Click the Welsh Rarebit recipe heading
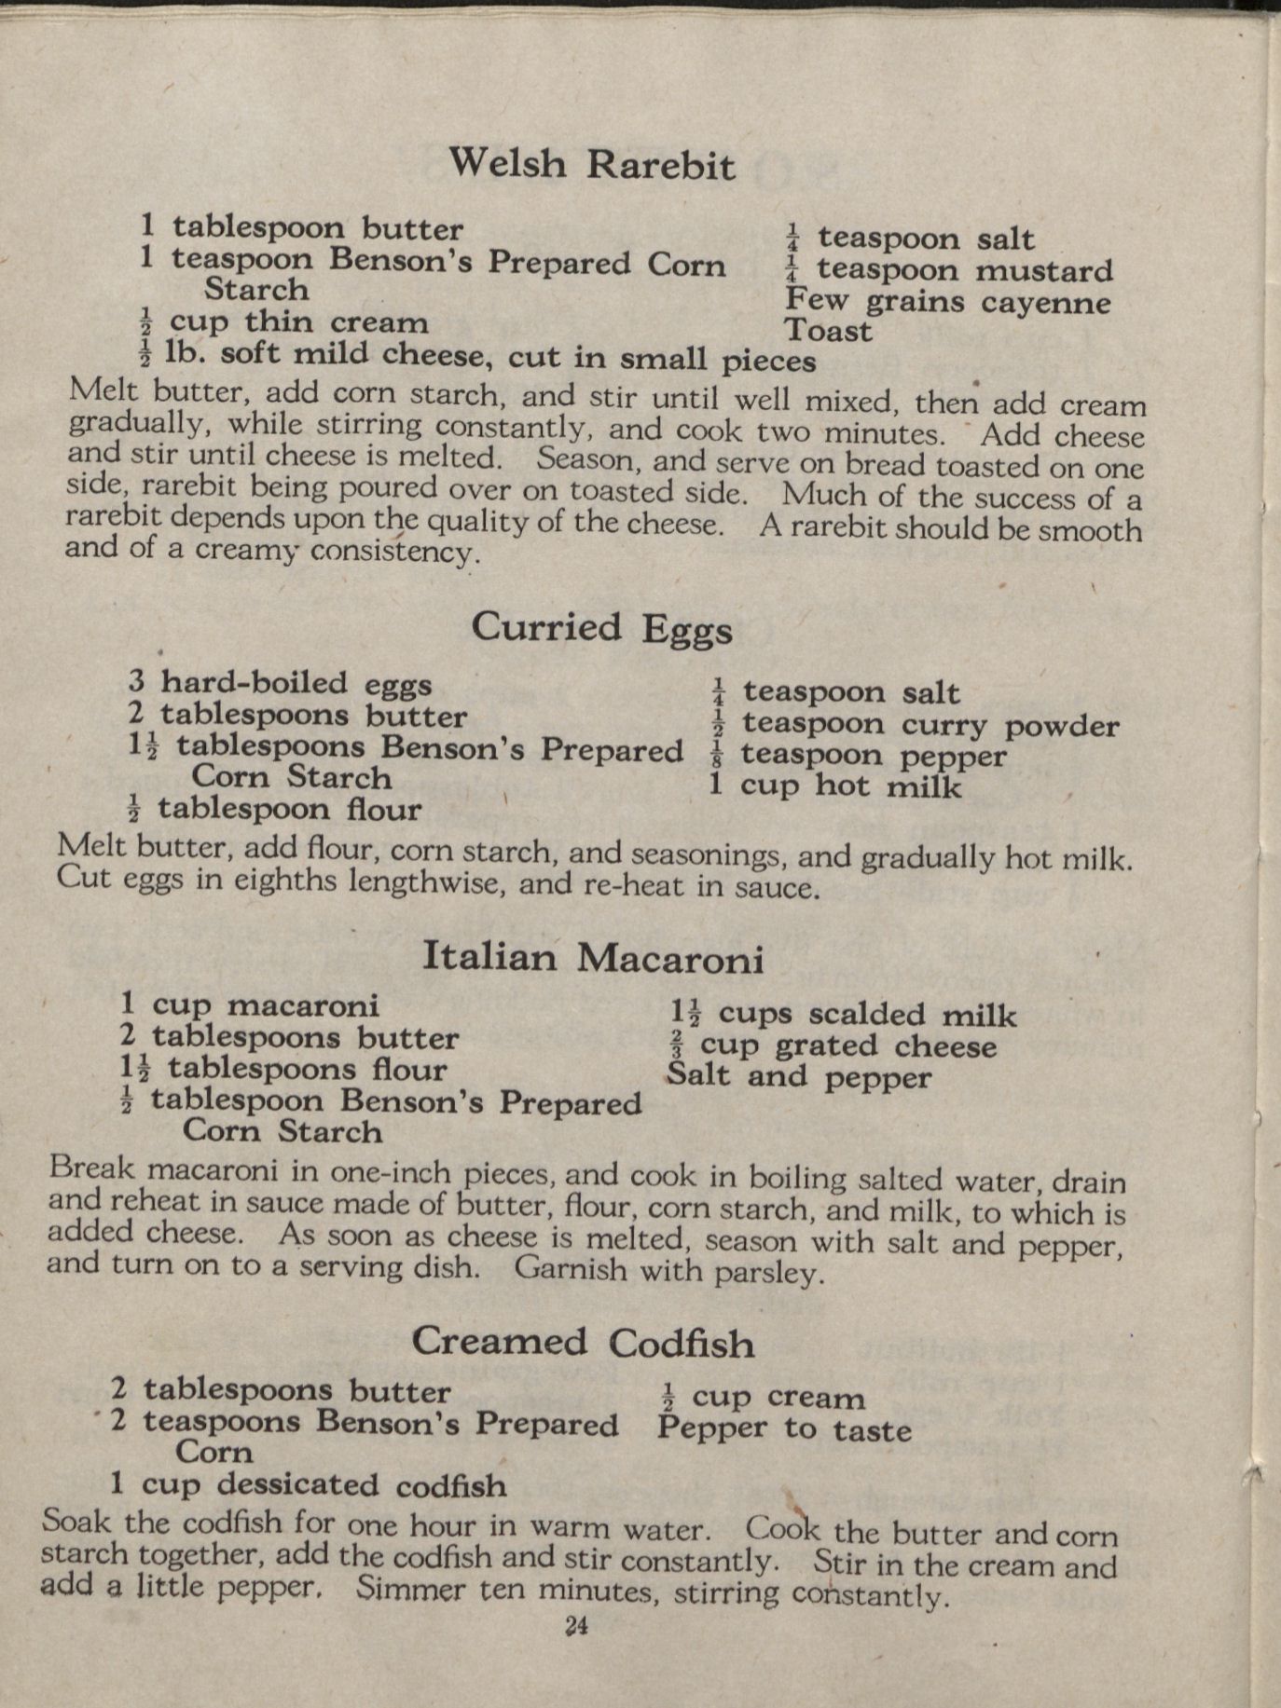coord(591,164)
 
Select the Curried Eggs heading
coord(601,627)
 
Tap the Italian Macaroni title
coord(593,957)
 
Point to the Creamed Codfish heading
coord(583,1342)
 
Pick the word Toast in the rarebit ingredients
coord(828,331)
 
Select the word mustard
coord(1044,271)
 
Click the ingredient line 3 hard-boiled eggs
coord(280,683)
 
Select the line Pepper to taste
coord(783,1428)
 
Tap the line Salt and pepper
coord(798,1076)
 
